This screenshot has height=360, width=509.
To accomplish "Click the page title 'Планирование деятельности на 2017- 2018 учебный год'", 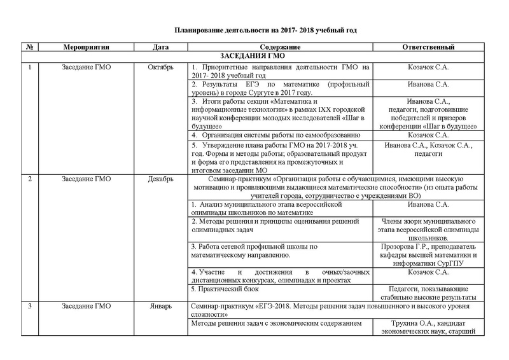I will tap(254, 30).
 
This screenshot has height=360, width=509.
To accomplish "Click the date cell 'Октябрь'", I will tap(161, 66).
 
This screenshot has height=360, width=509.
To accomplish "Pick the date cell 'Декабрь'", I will tap(161, 179).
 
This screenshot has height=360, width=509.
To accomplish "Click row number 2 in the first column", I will tap(29, 179).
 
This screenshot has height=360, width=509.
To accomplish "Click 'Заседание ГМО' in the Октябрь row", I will tap(87, 66).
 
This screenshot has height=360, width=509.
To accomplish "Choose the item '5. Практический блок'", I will tap(222, 289).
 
